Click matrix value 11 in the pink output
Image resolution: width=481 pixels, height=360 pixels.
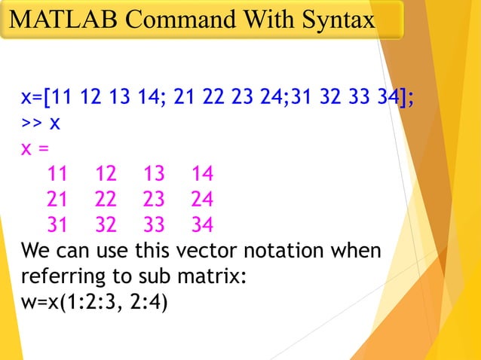pyautogui.click(x=57, y=175)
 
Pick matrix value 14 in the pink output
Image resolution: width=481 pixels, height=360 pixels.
pyautogui.click(x=202, y=175)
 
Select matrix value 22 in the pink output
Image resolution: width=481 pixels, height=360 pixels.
pyautogui.click(x=106, y=200)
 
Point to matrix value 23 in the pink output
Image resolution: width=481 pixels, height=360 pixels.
pyautogui.click(x=154, y=200)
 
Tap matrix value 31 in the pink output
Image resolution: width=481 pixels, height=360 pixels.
pyautogui.click(x=57, y=224)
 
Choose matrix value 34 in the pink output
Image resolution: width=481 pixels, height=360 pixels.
pyautogui.click(x=202, y=224)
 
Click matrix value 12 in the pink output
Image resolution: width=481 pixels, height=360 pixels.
pyautogui.click(x=106, y=175)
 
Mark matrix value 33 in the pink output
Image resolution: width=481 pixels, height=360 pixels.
pyautogui.click(x=154, y=224)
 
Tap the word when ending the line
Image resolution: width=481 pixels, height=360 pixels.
pyautogui.click(x=355, y=249)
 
